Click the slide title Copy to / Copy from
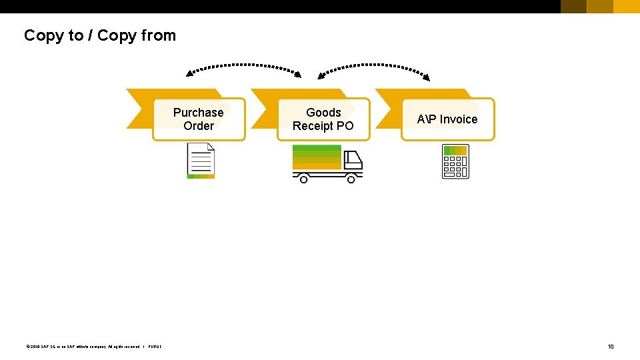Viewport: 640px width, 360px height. [x=100, y=35]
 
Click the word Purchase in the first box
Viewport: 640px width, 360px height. [x=198, y=113]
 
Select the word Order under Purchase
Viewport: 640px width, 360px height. [x=199, y=126]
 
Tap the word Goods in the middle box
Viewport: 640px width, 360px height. [x=323, y=113]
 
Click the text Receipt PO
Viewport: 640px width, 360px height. [x=323, y=126]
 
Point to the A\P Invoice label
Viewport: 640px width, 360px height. [x=447, y=119]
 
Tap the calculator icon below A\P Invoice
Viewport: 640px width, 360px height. [x=455, y=161]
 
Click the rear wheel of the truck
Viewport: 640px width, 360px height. [x=303, y=179]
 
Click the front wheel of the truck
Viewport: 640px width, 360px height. [x=351, y=179]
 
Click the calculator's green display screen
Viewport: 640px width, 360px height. [x=455, y=151]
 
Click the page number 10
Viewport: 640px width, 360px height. [x=610, y=346]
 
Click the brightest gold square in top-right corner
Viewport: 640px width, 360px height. [x=626, y=7]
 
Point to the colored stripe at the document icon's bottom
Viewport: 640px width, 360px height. [x=201, y=176]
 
